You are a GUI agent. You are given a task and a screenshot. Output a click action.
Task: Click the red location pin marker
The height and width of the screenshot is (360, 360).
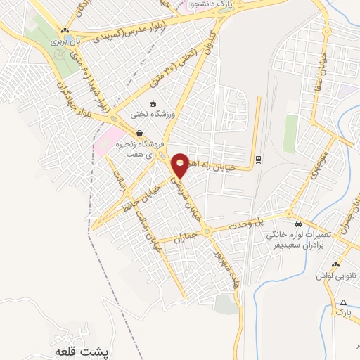(x=180, y=165)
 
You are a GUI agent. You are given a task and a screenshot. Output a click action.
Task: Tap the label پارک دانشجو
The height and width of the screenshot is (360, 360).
(x=210, y=5)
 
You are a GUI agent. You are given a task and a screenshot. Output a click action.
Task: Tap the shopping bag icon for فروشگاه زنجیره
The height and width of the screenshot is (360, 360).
(x=139, y=134)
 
